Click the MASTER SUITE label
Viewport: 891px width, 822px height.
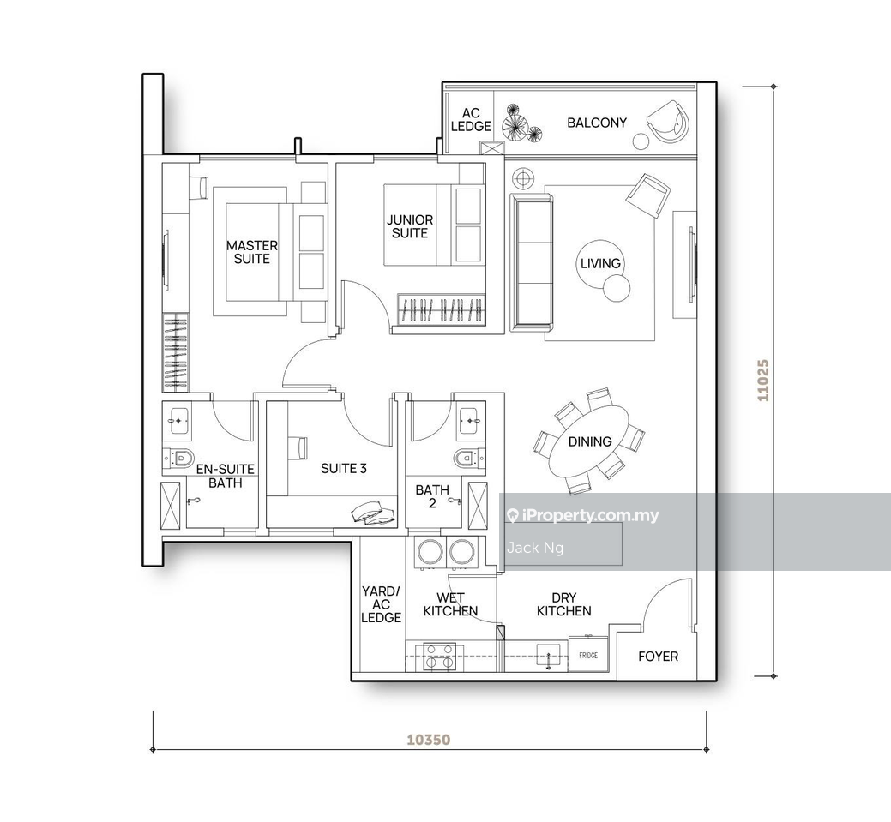[252, 252]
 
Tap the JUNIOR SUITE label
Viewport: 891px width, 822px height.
[410, 226]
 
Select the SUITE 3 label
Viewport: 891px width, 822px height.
[343, 469]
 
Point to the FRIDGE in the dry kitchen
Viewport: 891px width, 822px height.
[588, 656]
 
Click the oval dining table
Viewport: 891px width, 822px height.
[588, 442]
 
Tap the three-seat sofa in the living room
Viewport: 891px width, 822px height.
[532, 262]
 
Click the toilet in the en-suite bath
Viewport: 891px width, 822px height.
[178, 457]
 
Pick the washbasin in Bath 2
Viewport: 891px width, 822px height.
[470, 421]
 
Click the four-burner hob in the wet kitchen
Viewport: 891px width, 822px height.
[439, 657]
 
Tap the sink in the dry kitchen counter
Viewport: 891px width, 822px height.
[549, 656]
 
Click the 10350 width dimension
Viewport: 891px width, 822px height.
[429, 740]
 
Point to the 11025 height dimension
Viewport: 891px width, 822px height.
[762, 380]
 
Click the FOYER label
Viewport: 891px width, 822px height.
[658, 657]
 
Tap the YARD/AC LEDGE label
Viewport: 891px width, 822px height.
[382, 604]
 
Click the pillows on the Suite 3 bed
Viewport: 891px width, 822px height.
[373, 513]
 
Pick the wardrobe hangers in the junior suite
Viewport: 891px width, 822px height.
[442, 309]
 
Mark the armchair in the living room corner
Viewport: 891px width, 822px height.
[647, 195]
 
